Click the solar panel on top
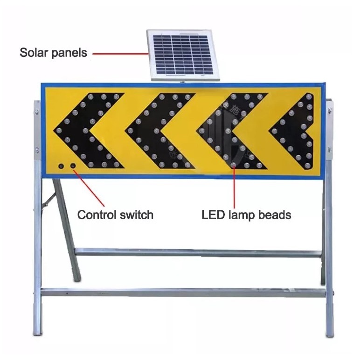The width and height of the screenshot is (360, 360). tap(183, 55)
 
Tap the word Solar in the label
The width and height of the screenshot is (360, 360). tap(34, 53)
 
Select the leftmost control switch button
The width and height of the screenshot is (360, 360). tap(61, 166)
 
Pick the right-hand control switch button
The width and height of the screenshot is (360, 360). tap(73, 166)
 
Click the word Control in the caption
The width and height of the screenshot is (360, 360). tap(95, 215)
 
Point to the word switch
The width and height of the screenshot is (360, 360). tap(135, 215)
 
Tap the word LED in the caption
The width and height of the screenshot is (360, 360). tap(212, 215)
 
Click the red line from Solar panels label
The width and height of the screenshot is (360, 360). tap(119, 53)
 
